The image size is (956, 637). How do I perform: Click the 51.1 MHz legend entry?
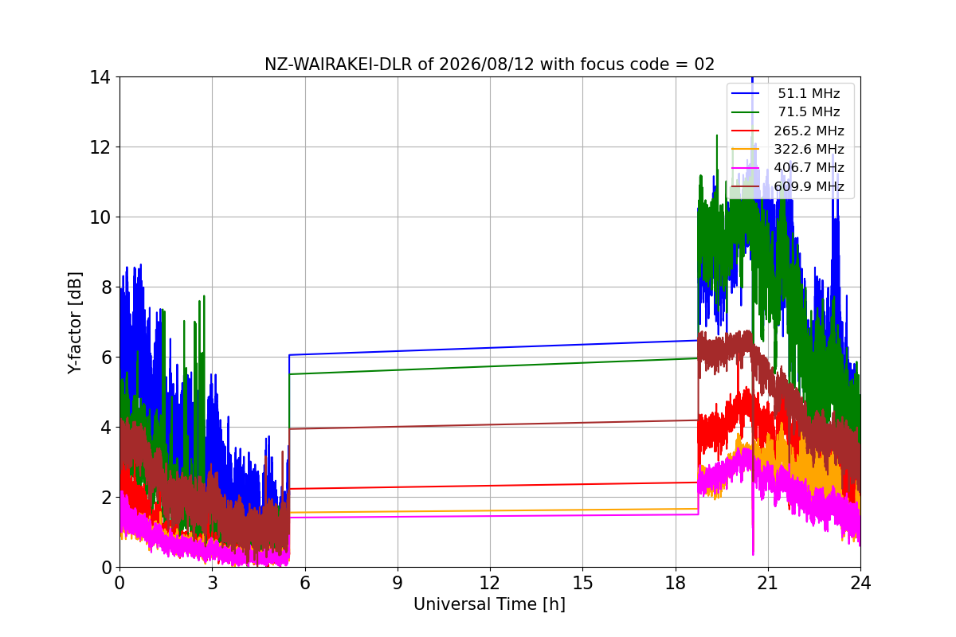point(809,93)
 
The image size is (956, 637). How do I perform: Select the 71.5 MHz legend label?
point(809,111)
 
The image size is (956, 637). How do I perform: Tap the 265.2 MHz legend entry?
point(809,131)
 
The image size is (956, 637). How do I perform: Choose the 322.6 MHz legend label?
point(809,150)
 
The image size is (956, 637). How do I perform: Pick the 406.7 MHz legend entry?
point(809,168)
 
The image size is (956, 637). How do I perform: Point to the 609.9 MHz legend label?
point(809,186)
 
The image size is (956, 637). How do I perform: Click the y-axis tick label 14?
point(100,78)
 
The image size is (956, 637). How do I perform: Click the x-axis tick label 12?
point(489,583)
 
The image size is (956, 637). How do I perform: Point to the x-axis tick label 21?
point(768,583)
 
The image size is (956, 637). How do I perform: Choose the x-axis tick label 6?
point(304,583)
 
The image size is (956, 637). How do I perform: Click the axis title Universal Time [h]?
point(489,604)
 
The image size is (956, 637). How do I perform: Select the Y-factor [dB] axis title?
point(75,323)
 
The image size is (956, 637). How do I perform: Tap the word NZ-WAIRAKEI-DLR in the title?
point(339,64)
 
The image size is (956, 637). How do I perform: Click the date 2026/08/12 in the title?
point(487,64)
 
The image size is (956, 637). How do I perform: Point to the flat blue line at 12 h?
point(490,347)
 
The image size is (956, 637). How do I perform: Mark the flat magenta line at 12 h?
point(490,516)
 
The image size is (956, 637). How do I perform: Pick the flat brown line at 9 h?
point(398,427)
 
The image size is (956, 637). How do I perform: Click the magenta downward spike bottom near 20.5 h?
point(753,554)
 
